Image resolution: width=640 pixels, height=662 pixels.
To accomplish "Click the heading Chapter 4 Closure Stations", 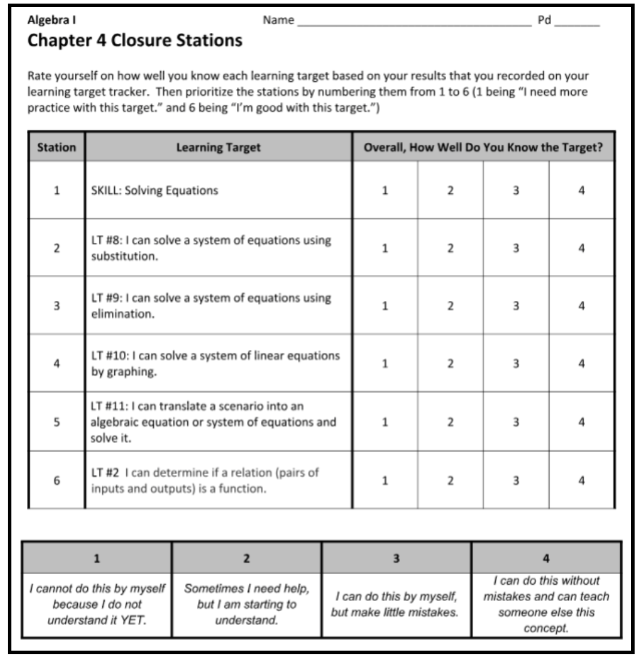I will click(135, 41).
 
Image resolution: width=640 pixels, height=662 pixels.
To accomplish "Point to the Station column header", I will click(57, 147).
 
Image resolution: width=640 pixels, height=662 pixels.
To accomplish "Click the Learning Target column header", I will click(218, 147).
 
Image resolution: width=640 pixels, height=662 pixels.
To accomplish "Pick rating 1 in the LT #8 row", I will click(386, 248).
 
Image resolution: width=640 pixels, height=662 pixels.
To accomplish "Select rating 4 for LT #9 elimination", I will click(581, 306).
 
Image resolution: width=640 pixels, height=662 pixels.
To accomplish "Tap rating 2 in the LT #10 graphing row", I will click(450, 364).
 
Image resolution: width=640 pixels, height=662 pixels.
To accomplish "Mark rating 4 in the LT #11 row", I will click(581, 421).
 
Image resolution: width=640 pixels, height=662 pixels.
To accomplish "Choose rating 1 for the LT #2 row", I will click(386, 480).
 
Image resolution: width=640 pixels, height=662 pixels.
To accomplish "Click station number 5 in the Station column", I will click(56, 421).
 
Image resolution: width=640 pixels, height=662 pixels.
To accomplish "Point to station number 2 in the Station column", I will click(56, 248).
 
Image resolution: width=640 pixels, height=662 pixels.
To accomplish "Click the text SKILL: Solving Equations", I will click(154, 191).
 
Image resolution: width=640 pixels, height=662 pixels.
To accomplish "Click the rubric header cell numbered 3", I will click(397, 558).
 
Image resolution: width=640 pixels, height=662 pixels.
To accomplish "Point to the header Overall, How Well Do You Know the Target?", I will click(483, 147).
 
